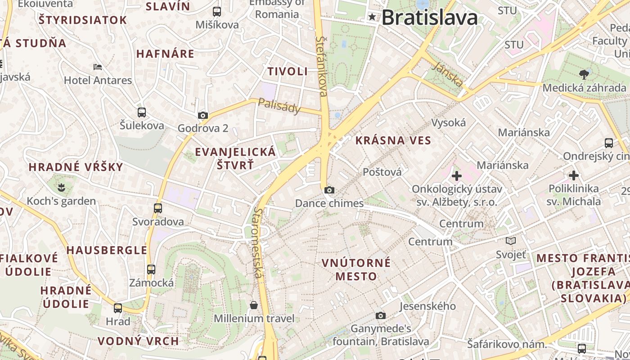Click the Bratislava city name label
tap(429, 18)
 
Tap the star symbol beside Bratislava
tap(372, 17)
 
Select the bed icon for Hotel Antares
tap(98, 67)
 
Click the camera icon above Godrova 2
tap(203, 115)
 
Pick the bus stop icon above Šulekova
tap(142, 112)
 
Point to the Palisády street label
tap(279, 106)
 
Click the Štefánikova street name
tap(322, 66)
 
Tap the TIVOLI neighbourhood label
tap(288, 71)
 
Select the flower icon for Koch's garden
tap(61, 186)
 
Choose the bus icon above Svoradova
tap(157, 208)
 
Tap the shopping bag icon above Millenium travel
tap(254, 305)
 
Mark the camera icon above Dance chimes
tap(329, 190)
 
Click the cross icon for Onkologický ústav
tap(457, 175)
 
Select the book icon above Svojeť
tap(511, 241)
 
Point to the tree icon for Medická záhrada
tap(584, 74)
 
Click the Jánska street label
tap(448, 75)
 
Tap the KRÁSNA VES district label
tap(393, 140)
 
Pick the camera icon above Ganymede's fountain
tap(381, 315)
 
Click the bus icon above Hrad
tap(118, 308)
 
